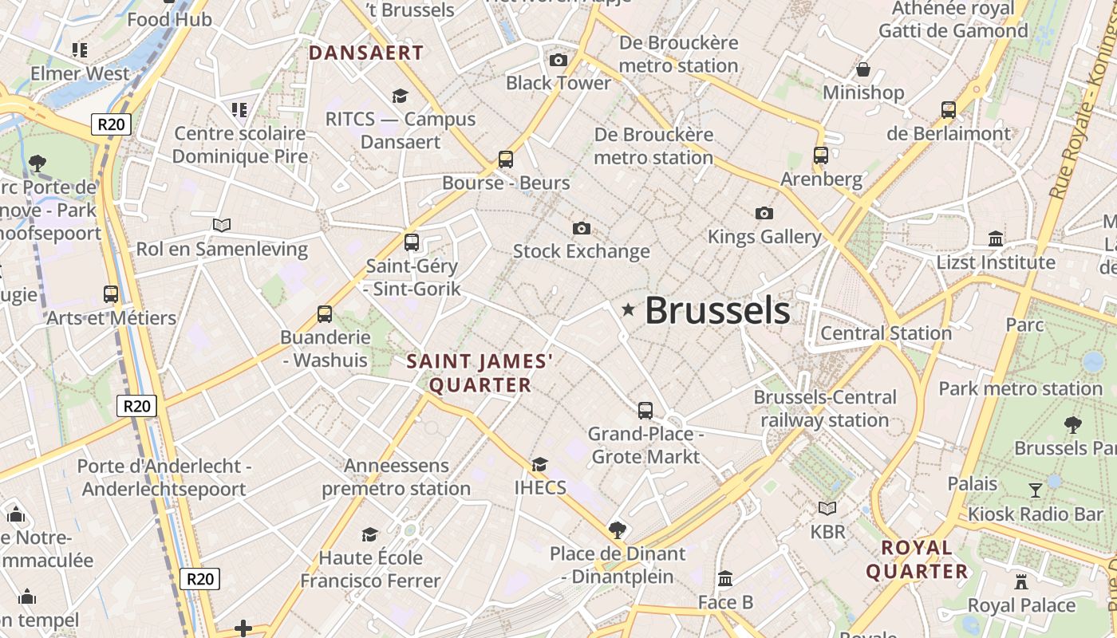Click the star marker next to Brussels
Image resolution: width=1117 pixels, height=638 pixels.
point(629,309)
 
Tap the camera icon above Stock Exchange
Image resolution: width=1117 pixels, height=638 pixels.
point(582,229)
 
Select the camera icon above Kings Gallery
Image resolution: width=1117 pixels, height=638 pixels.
point(764,213)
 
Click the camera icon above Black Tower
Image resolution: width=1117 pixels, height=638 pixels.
point(558,60)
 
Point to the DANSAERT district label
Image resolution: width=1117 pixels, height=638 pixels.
point(366,53)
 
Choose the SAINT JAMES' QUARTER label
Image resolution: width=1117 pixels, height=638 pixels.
point(480,373)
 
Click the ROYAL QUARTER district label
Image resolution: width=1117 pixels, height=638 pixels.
point(917,559)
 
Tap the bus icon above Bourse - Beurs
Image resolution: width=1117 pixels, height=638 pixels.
point(506,159)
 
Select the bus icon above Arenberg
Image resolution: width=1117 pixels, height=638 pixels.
point(820,156)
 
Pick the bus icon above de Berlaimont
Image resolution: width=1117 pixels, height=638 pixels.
point(948,110)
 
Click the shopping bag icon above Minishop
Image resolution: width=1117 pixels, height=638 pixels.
point(862,69)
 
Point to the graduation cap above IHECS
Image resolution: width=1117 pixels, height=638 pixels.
point(540,464)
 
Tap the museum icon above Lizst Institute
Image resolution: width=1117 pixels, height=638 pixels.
point(996,238)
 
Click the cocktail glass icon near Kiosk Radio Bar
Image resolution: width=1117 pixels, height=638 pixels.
point(1036,490)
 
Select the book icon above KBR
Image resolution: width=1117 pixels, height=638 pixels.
point(827,508)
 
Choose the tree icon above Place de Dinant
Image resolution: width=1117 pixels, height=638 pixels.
point(617,530)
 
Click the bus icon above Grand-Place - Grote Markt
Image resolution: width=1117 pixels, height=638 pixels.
point(645,411)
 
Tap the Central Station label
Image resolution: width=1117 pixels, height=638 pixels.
point(886,333)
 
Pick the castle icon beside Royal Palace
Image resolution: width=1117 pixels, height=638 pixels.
point(1020,581)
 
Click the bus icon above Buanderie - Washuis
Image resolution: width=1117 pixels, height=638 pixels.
point(325,314)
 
